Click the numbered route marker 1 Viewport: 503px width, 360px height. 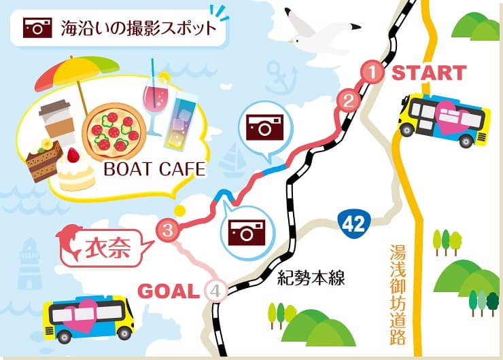(371, 72)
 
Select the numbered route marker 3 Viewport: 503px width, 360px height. (167, 230)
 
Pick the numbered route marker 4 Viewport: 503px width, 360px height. (215, 291)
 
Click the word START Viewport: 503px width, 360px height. (429, 73)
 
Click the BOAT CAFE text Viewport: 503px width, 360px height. (154, 169)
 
